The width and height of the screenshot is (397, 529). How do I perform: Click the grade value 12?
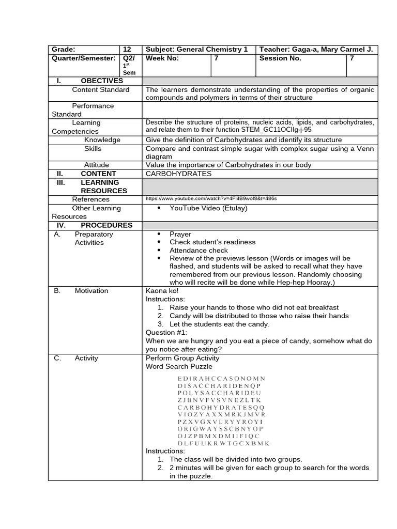pos(128,50)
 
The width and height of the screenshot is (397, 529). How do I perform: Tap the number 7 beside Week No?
pos(217,58)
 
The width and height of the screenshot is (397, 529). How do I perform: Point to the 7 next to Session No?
pos(352,58)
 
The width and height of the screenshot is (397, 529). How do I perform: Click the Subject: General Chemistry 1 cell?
pos(197,50)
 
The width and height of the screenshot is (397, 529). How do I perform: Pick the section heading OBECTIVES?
pos(102,81)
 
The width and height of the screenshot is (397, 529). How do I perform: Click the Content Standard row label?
pos(101,89)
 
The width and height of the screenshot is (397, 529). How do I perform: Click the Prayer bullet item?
pos(180,234)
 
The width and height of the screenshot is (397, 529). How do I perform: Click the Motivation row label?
pos(91,291)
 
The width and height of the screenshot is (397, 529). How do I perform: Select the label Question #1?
pos(166,332)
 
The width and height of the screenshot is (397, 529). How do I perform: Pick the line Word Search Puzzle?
pos(179,366)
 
